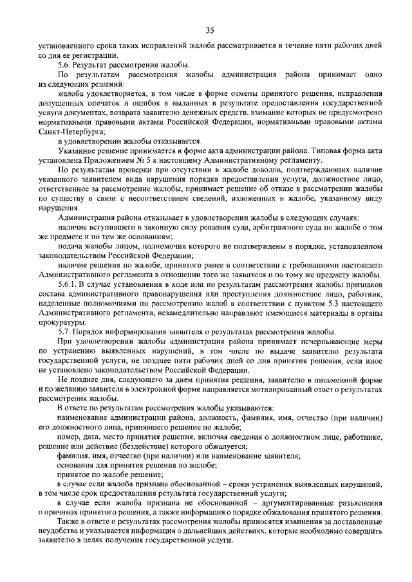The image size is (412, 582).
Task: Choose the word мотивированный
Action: coord(261,390)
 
